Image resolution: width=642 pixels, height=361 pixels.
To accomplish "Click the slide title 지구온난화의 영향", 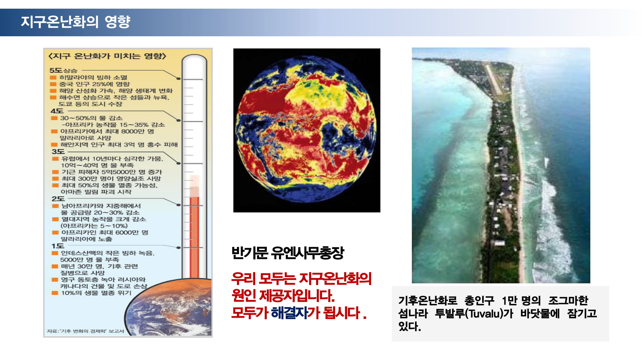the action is (x=75, y=22).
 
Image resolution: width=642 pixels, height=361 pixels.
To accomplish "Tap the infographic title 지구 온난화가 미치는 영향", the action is (x=107, y=56).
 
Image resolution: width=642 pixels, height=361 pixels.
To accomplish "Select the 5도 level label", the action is (x=56, y=70).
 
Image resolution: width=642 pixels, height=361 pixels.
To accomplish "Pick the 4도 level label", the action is (x=57, y=111).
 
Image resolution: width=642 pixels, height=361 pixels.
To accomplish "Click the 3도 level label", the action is (x=58, y=151).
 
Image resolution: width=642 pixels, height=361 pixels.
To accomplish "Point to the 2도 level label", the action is (x=58, y=199).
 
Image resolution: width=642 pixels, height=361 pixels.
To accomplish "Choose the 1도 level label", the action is (x=58, y=246).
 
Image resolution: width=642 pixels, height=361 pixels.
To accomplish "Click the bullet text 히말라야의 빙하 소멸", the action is (x=93, y=77).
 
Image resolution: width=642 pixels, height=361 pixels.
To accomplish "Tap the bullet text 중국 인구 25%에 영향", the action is (x=94, y=84).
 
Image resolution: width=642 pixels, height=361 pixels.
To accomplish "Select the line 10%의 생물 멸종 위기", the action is (x=96, y=293).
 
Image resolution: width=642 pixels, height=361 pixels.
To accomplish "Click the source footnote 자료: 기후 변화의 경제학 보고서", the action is (x=85, y=331).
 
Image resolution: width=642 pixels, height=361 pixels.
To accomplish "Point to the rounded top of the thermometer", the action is (x=194, y=58).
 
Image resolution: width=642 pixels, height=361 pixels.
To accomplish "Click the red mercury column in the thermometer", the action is (x=194, y=237).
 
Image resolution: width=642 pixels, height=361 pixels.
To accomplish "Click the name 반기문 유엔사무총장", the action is (x=288, y=253).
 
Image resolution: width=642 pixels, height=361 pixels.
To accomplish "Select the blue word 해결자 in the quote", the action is (x=289, y=313).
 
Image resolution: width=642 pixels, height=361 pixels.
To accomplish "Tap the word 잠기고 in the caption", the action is (x=582, y=314).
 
